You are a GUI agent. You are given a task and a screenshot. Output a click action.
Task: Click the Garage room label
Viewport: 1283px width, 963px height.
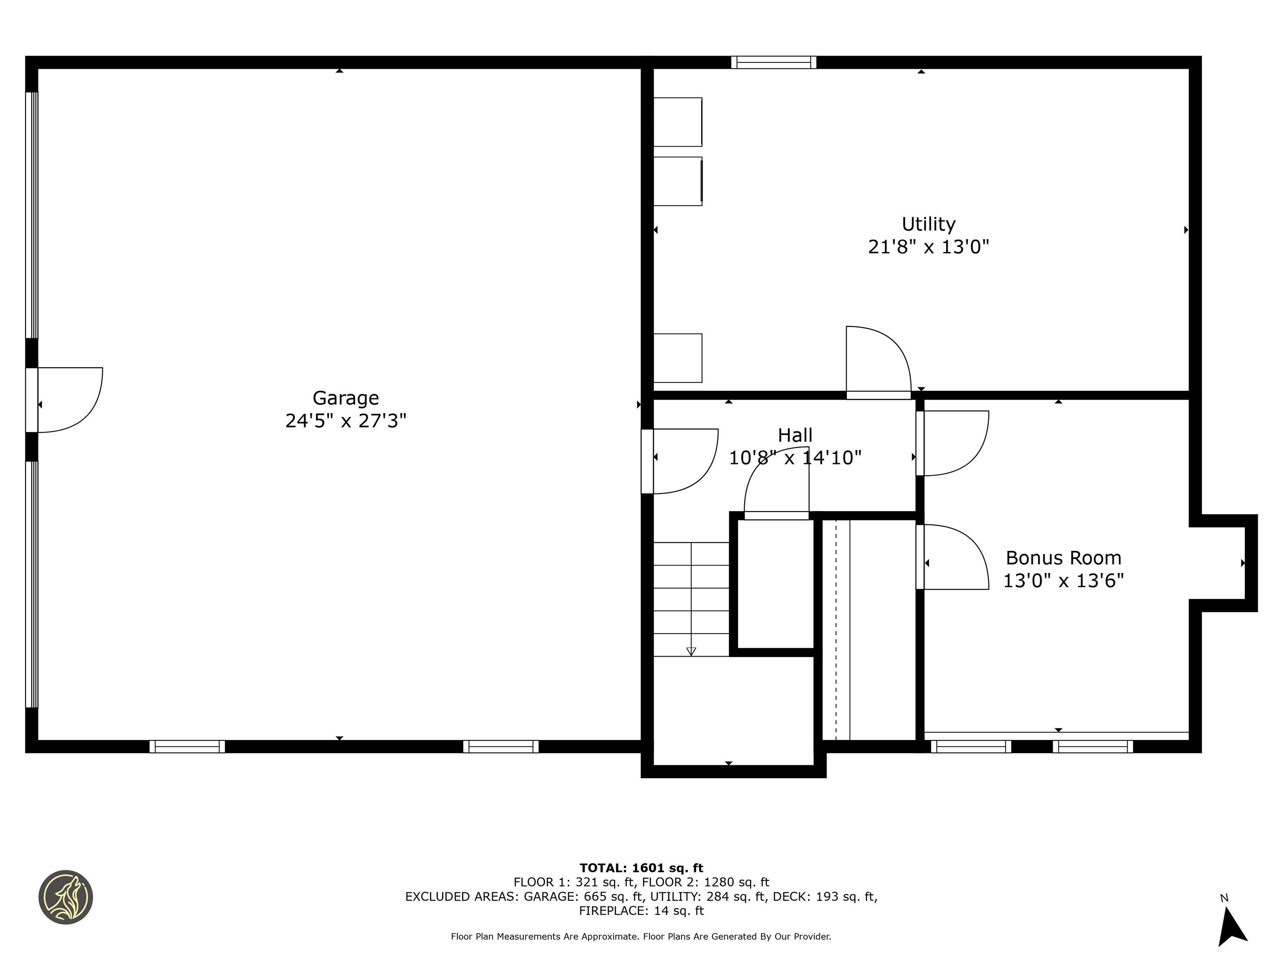346,398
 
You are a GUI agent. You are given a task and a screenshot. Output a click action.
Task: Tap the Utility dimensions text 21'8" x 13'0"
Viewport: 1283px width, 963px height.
928,247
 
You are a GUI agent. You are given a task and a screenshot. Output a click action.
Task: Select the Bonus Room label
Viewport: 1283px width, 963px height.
1063,558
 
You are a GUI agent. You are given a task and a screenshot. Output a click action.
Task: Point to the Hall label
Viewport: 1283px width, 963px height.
795,436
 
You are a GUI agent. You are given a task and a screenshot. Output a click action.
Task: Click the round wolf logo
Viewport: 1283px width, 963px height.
66,897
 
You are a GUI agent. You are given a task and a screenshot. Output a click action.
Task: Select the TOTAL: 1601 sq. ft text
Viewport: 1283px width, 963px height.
641,868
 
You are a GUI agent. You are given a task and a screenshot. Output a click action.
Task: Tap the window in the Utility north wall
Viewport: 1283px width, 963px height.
773,62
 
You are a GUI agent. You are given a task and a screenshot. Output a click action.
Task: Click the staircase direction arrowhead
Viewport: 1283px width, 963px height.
691,651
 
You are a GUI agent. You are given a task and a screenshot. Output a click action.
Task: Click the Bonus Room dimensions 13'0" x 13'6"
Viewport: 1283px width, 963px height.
1063,581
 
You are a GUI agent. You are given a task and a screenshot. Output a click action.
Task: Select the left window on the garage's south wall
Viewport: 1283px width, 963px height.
187,746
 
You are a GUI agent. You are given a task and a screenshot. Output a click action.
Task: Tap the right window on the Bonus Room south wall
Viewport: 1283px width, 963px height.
1093,746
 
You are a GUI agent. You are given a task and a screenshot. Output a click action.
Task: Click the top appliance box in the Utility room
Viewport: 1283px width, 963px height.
677,122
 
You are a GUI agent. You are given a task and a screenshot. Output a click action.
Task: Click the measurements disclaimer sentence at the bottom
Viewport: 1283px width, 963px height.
641,936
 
